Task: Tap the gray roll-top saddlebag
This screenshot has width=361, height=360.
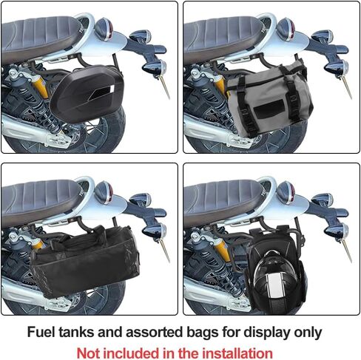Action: click(x=266, y=97)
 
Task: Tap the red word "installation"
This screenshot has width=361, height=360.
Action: click(x=236, y=353)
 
